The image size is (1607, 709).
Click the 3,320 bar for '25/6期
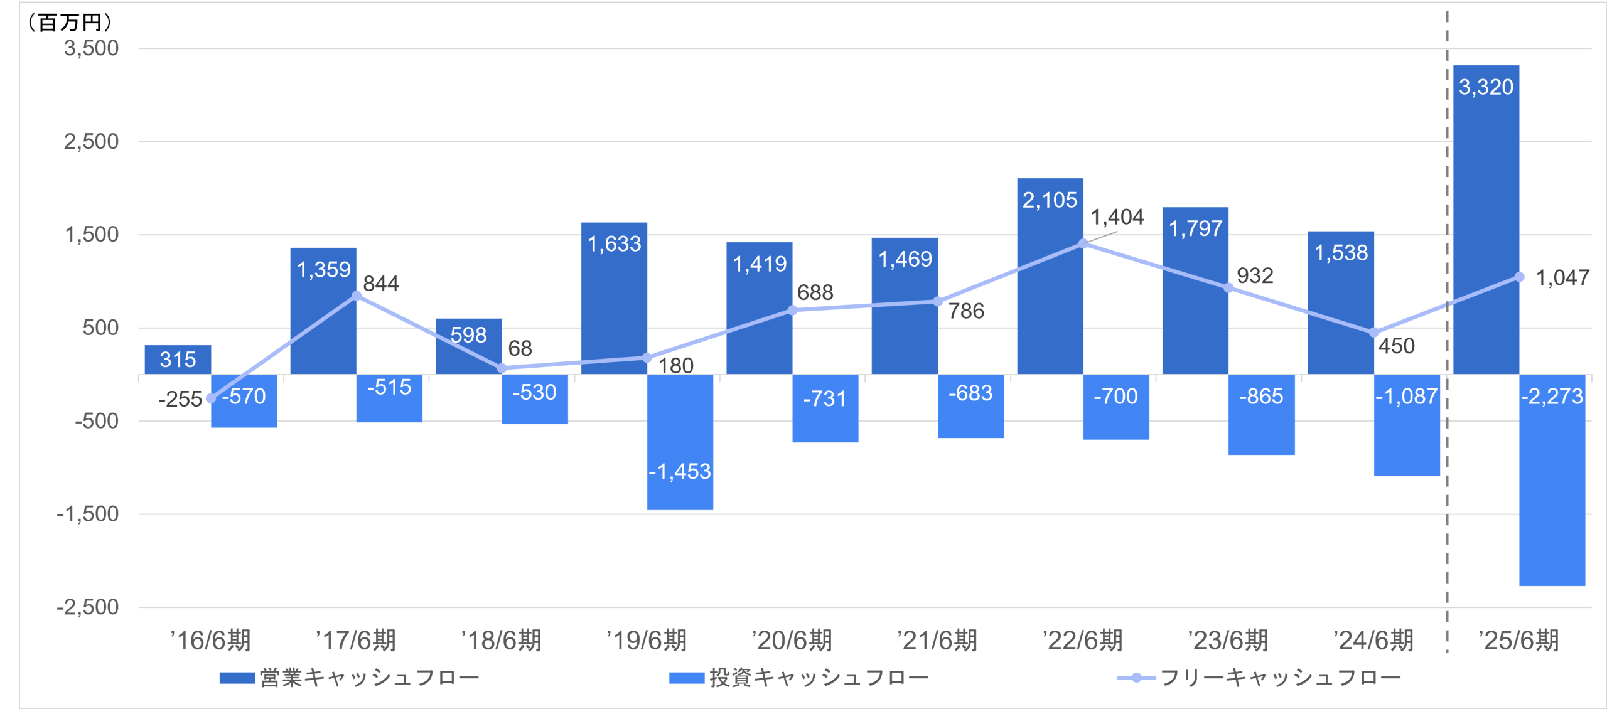pyautogui.click(x=1486, y=220)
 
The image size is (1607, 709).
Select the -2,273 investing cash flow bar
pyautogui.click(x=1552, y=480)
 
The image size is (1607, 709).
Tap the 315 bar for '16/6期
pyautogui.click(x=178, y=360)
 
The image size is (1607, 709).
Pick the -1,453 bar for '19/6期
pyautogui.click(x=680, y=442)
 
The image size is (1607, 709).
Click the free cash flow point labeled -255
pyautogui.click(x=211, y=398)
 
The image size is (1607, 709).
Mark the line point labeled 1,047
pyautogui.click(x=1519, y=277)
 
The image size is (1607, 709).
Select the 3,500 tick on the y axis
pyautogui.click(x=91, y=48)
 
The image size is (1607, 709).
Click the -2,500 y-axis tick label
pyautogui.click(x=87, y=607)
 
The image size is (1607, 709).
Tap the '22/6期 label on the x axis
pyautogui.click(x=1082, y=641)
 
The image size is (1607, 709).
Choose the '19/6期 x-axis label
pyautogui.click(x=646, y=641)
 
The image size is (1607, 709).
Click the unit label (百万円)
pyautogui.click(x=69, y=23)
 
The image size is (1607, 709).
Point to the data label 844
pyautogui.click(x=381, y=284)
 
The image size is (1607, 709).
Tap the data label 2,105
pyautogui.click(x=1050, y=200)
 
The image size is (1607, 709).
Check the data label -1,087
pyautogui.click(x=1406, y=397)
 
